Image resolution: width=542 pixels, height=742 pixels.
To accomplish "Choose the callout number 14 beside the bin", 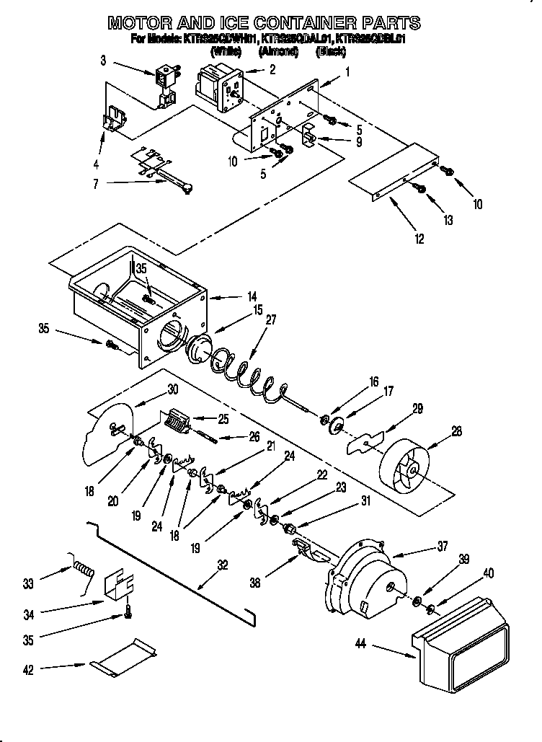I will pyautogui.click(x=252, y=296).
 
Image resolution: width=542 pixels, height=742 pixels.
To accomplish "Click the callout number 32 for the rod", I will pyautogui.click(x=223, y=565).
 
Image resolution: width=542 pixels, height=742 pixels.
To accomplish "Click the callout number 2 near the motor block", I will pyautogui.click(x=272, y=69).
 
